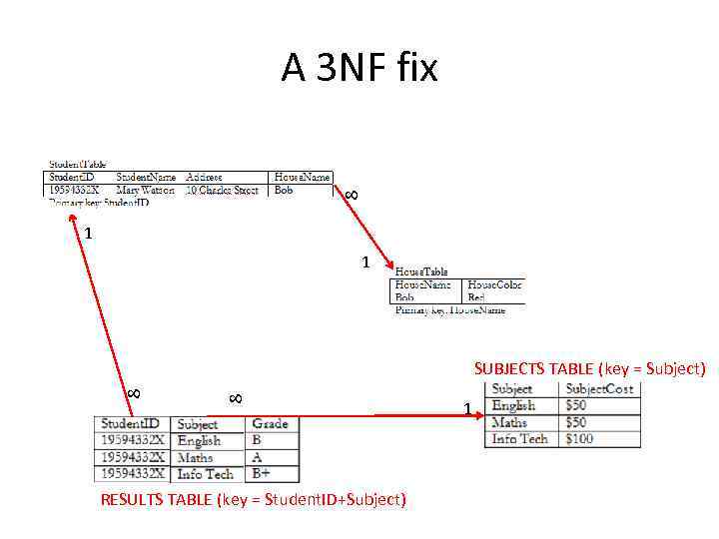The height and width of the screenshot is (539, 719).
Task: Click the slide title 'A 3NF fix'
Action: point(359,69)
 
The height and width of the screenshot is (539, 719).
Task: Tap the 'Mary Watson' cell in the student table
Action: point(145,190)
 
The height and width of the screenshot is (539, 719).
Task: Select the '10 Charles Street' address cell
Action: point(222,190)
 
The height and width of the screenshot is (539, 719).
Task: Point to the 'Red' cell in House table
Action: point(476,297)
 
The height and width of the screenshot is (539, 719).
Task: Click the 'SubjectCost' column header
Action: point(599,388)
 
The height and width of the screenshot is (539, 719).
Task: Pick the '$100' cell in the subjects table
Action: point(579,438)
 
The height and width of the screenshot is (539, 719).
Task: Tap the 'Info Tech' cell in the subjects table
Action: point(520,438)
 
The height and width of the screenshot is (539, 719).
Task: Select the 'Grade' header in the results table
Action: point(270,423)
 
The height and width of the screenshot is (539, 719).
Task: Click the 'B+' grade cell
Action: point(262,473)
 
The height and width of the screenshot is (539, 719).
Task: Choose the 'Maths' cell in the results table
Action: point(196,457)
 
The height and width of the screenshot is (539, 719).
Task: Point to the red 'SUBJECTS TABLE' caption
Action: point(589,368)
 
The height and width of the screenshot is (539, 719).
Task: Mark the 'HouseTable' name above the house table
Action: point(421,270)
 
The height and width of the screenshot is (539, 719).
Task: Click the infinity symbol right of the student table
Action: point(351,196)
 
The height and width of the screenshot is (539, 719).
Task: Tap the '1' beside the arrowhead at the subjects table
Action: point(467,408)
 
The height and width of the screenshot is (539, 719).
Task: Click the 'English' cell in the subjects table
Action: point(514,405)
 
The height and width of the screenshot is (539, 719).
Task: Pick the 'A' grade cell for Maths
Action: point(257,457)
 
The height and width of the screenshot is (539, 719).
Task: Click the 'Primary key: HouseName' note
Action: point(450,310)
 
